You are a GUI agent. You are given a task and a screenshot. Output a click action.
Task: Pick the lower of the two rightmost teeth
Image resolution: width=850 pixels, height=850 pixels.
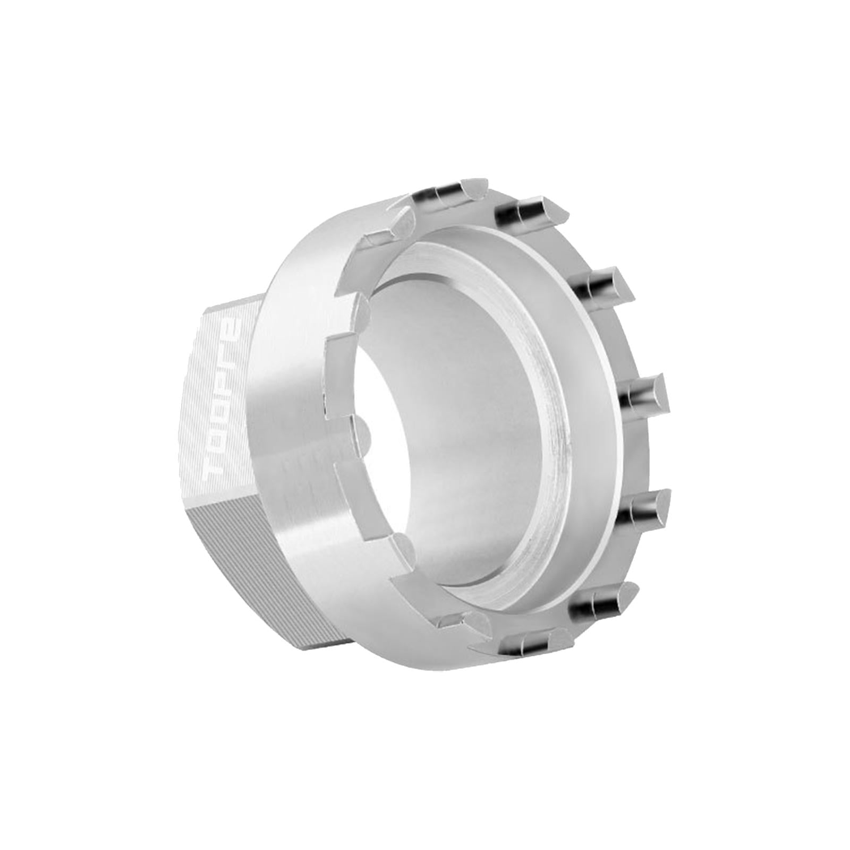click(x=645, y=505)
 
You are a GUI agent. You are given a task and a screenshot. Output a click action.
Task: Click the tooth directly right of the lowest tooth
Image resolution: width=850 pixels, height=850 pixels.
click(x=600, y=600)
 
